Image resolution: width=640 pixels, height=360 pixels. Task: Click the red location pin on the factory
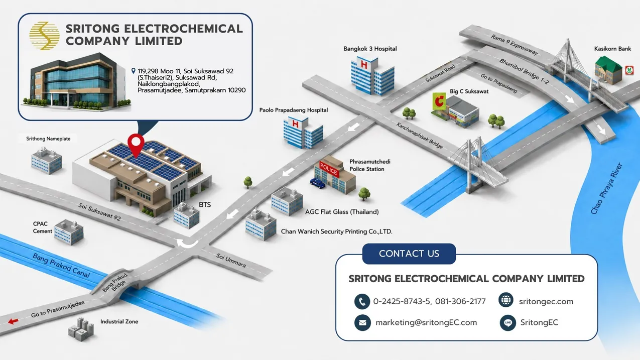(136, 144)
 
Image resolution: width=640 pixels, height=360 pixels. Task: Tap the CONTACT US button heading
(409, 254)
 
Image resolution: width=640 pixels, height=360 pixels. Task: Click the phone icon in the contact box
(362, 301)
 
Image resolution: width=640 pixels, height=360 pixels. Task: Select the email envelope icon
(362, 322)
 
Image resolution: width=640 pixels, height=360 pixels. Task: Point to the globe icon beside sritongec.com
(506, 300)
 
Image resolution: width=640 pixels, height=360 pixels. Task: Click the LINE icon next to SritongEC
(507, 323)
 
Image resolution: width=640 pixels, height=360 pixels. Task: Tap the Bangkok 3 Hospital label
(370, 49)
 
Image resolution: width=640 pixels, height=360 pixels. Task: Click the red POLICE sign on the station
(329, 170)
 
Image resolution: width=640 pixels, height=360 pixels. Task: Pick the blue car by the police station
(317, 183)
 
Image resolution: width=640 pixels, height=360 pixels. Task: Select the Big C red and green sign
(439, 101)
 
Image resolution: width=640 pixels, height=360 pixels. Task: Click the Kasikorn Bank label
(612, 49)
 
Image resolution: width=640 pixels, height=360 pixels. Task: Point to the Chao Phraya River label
(606, 189)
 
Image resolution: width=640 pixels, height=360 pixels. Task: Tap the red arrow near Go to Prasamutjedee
(13, 321)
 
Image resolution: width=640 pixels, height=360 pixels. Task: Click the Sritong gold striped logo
(45, 36)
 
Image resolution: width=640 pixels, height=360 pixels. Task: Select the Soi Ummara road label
(231, 260)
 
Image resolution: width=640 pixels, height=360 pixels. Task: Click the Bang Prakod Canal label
(61, 266)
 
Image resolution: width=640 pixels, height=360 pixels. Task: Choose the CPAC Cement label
(42, 227)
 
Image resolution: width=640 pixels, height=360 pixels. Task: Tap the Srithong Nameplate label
(48, 139)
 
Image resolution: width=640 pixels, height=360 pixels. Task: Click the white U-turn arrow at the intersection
(187, 244)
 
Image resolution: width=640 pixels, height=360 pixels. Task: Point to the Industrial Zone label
(119, 322)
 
